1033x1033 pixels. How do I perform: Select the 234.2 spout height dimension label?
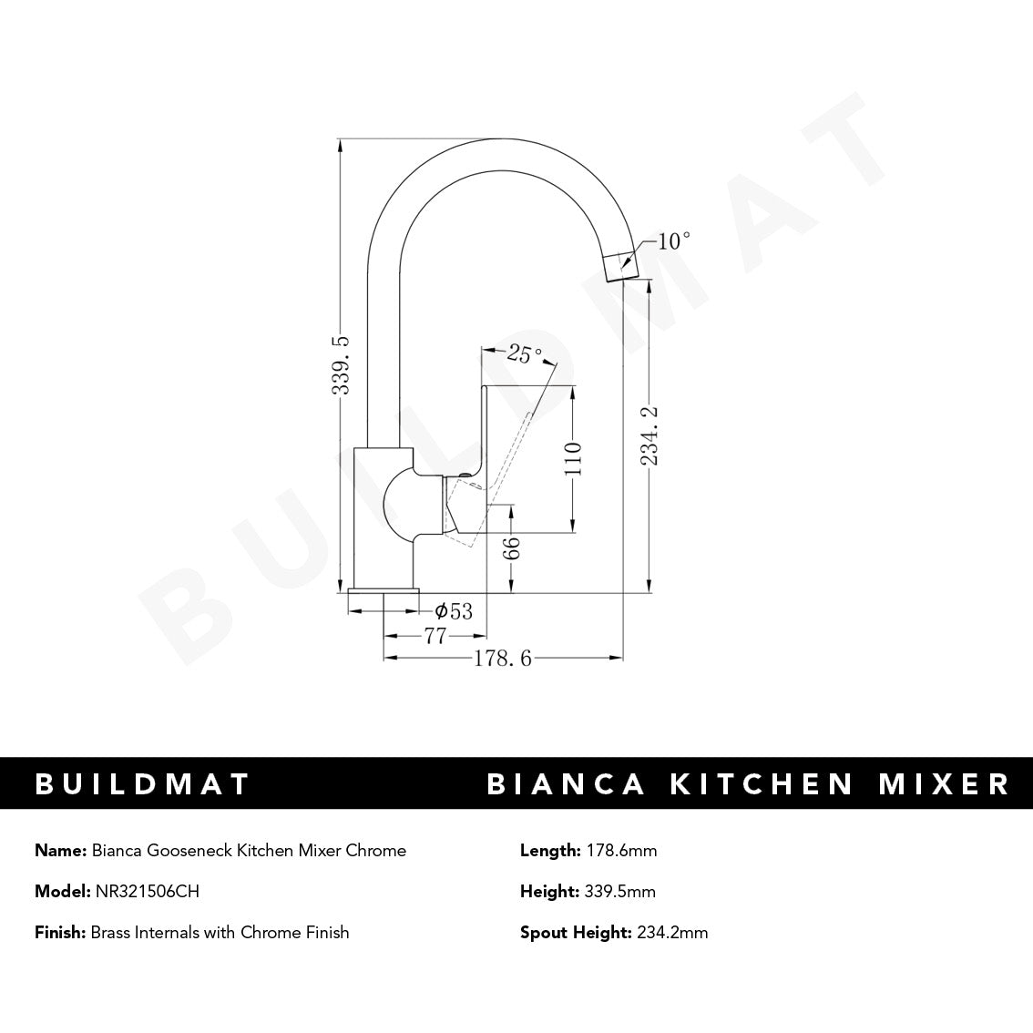point(649,436)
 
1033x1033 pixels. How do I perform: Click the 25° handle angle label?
point(525,353)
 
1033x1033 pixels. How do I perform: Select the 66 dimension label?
point(513,547)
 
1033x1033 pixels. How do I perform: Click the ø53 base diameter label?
point(454,611)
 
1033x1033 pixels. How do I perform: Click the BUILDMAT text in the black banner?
point(142,784)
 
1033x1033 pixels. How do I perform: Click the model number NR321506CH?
point(147,892)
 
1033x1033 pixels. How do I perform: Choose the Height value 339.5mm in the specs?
point(619,892)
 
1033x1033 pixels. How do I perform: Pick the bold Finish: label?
point(60,932)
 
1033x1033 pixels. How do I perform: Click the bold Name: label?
point(61,851)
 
